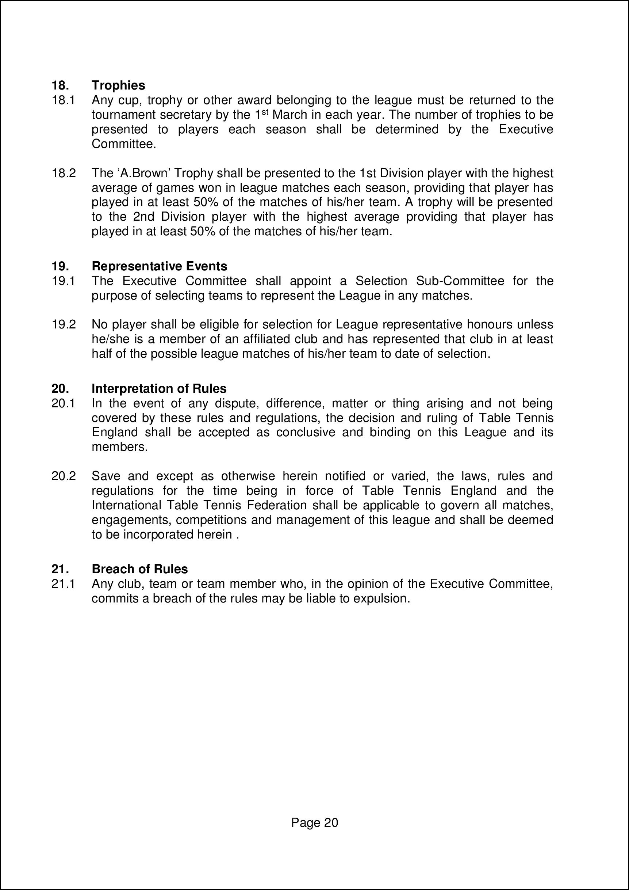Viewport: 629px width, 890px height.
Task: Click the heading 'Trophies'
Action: point(118,85)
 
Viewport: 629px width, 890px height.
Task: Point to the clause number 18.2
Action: point(64,173)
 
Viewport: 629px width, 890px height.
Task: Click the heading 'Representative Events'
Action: point(159,266)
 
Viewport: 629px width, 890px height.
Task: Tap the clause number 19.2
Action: point(64,324)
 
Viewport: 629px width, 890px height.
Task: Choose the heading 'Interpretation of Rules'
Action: point(159,388)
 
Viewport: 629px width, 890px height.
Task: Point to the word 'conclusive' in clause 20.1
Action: point(306,432)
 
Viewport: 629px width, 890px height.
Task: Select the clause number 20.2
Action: point(64,476)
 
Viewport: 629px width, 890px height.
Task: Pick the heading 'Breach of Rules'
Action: point(139,569)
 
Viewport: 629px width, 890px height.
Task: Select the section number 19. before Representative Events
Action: point(60,266)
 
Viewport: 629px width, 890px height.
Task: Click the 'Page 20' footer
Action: point(315,822)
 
